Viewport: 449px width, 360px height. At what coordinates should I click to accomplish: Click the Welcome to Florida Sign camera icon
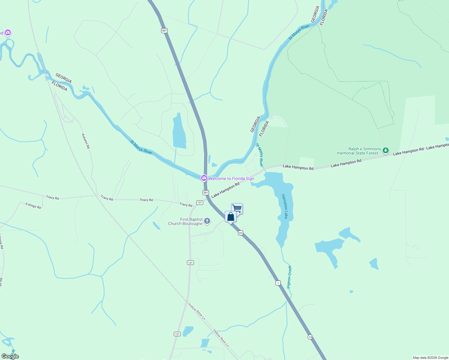point(204,178)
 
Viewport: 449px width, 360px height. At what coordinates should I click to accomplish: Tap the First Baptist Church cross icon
point(207,221)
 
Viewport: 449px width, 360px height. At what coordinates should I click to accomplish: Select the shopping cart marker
point(237,208)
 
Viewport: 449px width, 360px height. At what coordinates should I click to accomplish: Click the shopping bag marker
point(231,217)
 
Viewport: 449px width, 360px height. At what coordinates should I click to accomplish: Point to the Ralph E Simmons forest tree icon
point(386,151)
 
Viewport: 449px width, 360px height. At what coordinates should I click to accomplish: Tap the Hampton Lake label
point(285,206)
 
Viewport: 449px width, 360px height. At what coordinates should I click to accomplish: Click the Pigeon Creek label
point(289,277)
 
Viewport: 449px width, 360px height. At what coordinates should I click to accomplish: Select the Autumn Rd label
point(86,141)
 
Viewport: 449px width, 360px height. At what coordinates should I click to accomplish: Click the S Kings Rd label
point(33,206)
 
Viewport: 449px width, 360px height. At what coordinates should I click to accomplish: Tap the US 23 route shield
point(240,233)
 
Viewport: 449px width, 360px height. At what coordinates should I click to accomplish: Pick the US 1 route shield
point(278,283)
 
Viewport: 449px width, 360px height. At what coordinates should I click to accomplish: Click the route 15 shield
point(310,337)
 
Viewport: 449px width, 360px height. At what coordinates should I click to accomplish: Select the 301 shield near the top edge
point(164,31)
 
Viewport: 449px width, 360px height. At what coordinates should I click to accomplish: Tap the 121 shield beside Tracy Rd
point(200,202)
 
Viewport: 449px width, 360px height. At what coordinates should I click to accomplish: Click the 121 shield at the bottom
point(177,334)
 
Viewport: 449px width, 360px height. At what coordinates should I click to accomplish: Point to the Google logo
point(10,356)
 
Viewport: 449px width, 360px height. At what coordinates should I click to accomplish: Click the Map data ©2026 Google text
point(430,358)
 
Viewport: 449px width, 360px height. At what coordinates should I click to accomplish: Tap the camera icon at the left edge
point(8,32)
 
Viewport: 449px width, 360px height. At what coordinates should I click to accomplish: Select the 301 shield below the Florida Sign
point(206,192)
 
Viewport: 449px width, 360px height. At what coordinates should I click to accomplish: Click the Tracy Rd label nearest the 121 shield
point(186,205)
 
